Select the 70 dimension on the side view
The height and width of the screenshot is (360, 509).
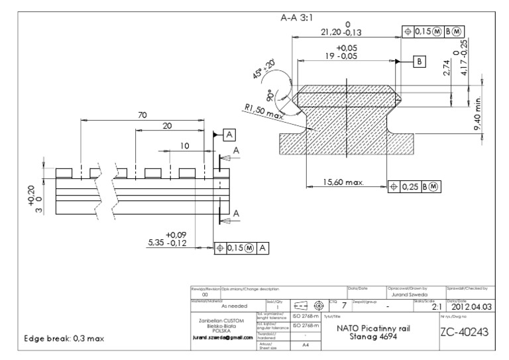click(141, 115)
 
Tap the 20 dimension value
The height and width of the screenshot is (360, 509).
click(168, 126)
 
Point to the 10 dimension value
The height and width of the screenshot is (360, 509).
click(185, 145)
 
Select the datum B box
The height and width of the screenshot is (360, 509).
click(420, 62)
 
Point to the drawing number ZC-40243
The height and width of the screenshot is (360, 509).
click(467, 332)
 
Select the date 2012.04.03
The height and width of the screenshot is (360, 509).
click(469, 307)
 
